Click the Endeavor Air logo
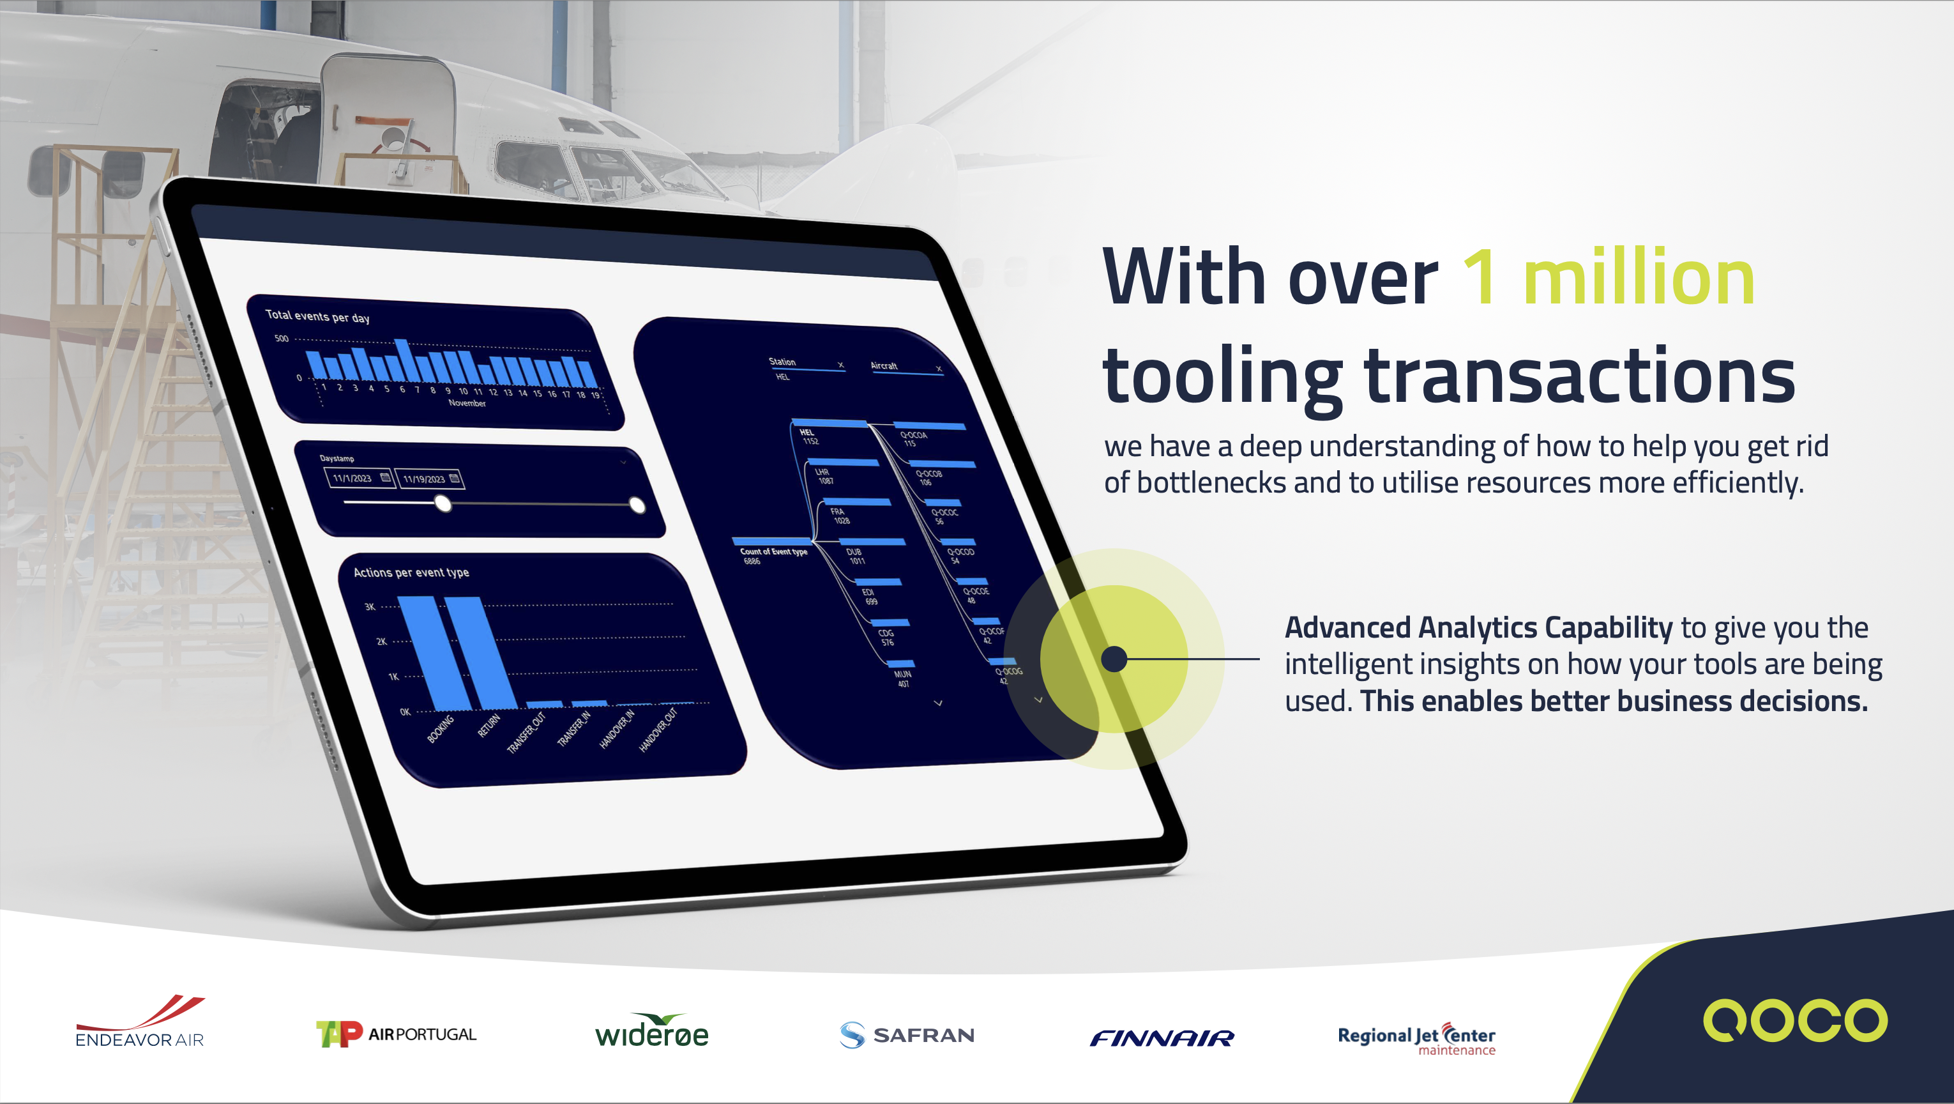tap(140, 1023)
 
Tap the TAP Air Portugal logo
tap(396, 1034)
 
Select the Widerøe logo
tap(651, 1032)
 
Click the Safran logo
tap(907, 1035)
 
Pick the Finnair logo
tap(1162, 1037)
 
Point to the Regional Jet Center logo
tap(1416, 1038)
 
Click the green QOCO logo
tap(1795, 1020)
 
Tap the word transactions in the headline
tap(1579, 376)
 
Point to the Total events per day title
tap(318, 316)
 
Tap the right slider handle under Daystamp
tap(637, 505)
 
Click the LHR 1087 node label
tap(824, 476)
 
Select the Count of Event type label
tap(773, 551)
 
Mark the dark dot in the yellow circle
tap(1114, 659)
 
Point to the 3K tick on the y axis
tap(370, 606)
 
